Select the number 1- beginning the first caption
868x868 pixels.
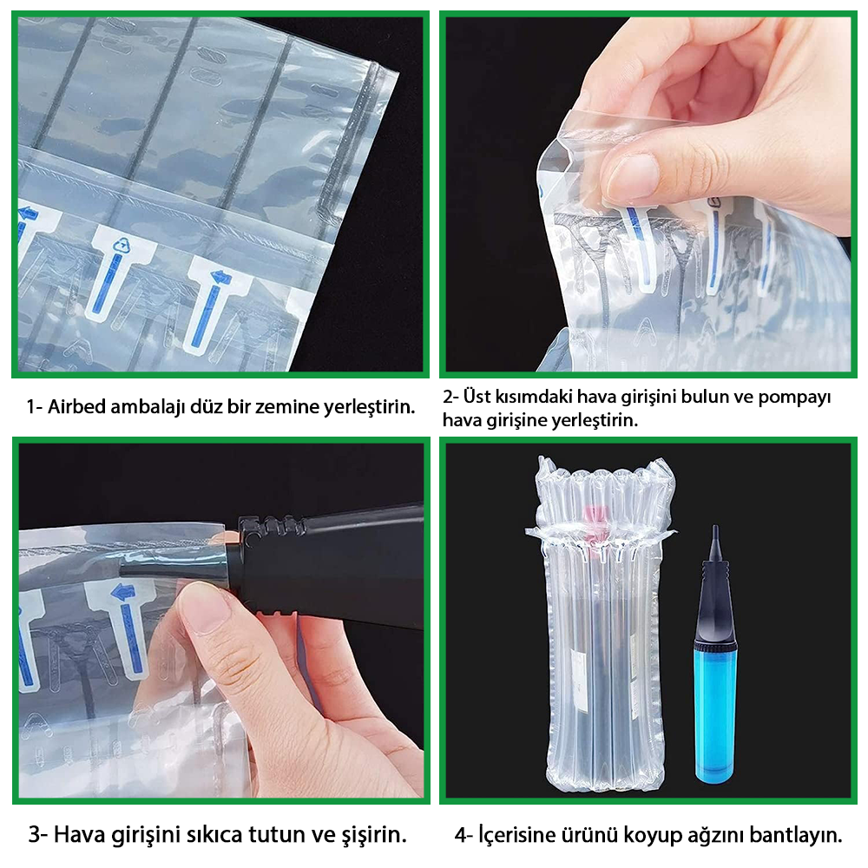tap(35, 407)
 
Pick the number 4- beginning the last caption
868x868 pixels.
tap(464, 835)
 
